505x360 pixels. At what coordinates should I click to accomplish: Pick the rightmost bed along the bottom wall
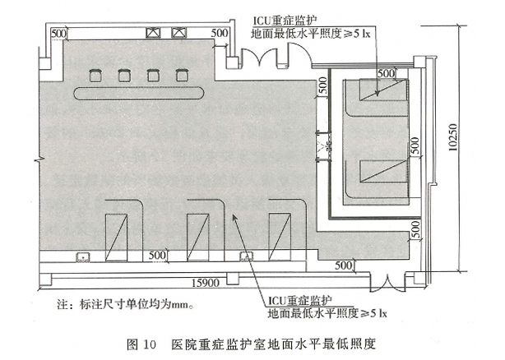coord(280,237)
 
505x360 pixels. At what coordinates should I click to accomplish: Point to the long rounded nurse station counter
coord(141,90)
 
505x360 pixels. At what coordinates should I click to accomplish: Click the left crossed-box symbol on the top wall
coord(153,34)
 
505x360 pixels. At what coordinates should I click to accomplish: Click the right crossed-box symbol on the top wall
coord(177,34)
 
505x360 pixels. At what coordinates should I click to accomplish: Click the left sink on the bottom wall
coord(82,256)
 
